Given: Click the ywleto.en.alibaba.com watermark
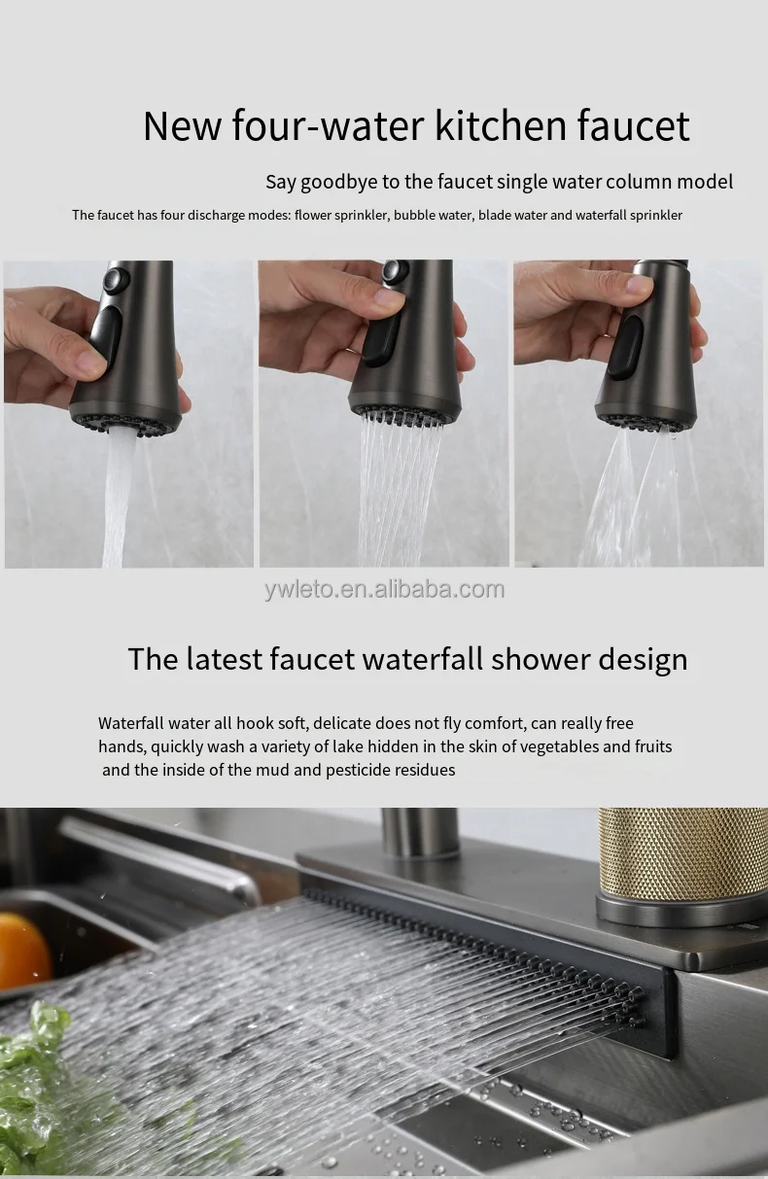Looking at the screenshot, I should (x=385, y=589).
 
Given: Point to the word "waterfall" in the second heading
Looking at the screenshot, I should (x=422, y=659).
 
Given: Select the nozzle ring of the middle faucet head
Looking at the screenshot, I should (x=402, y=413).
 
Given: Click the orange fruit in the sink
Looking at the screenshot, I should (x=21, y=949).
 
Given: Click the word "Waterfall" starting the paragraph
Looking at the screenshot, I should (x=130, y=723).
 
